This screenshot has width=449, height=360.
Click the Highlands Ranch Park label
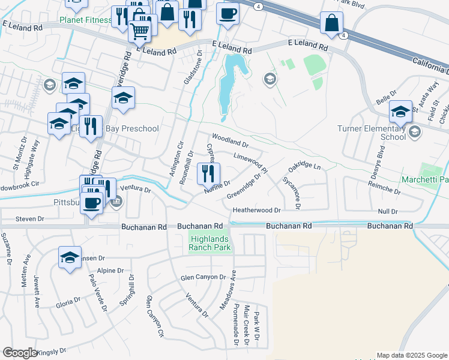click(x=209, y=242)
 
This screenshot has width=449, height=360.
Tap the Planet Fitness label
click(x=86, y=20)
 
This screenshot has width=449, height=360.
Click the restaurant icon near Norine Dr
click(x=208, y=173)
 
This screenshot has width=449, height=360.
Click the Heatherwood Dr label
click(x=257, y=211)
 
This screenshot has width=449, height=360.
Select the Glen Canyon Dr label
click(x=203, y=278)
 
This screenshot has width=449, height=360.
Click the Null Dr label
click(x=388, y=212)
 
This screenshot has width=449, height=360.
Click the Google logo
click(x=20, y=353)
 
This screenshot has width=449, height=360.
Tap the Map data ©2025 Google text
click(x=411, y=355)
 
